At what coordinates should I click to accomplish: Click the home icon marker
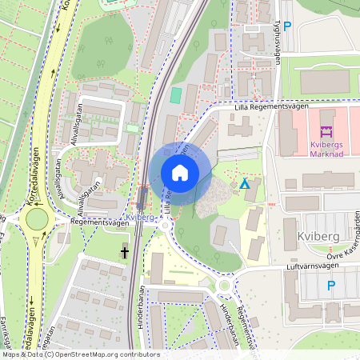coord(180,173)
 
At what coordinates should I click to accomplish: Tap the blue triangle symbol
coord(245,185)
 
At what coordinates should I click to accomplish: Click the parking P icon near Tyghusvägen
coord(287,26)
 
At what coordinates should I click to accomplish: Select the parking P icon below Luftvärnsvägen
coord(330,286)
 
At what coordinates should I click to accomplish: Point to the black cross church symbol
coord(125,253)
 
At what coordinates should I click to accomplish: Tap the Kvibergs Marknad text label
coord(326,150)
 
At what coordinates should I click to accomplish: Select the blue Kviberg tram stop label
coord(140,217)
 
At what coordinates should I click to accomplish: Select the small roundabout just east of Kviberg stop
coord(166,226)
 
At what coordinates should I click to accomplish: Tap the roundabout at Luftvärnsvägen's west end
coord(224,286)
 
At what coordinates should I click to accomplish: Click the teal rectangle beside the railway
coord(176,95)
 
